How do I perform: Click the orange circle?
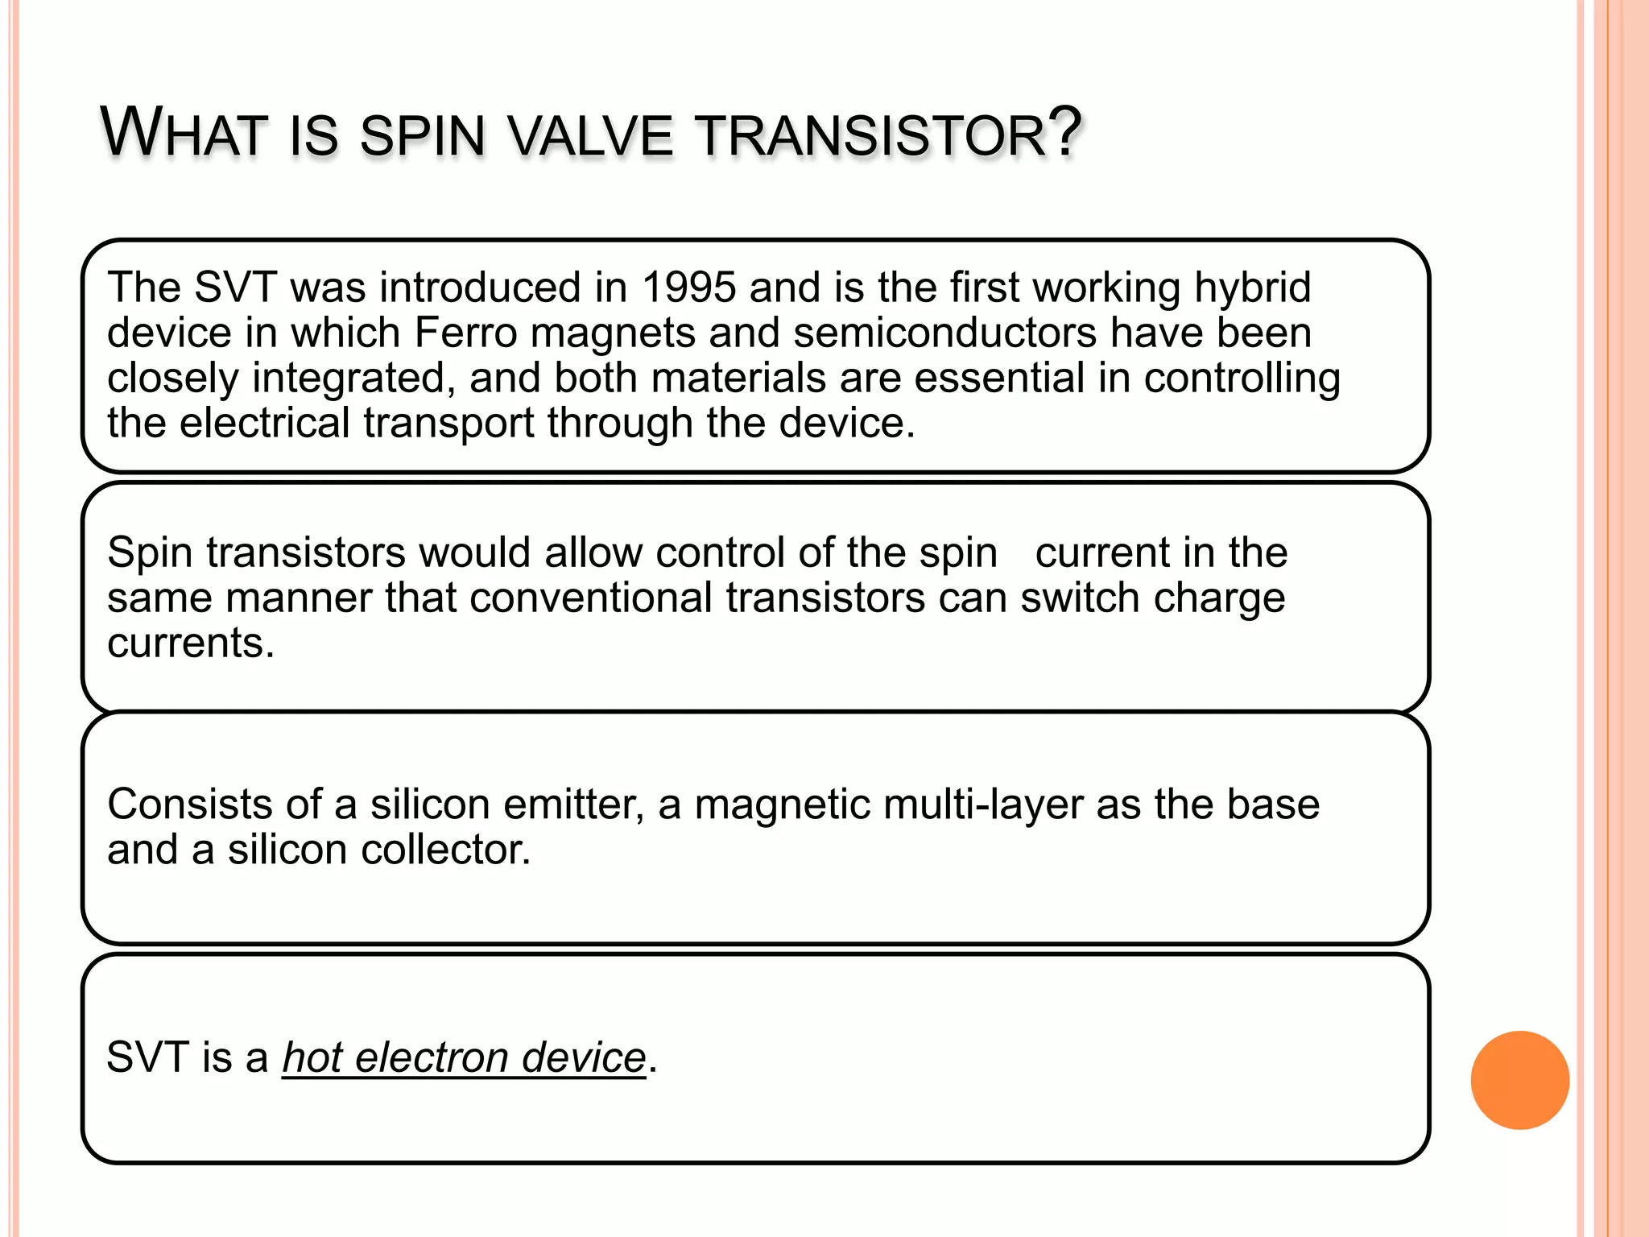pyautogui.click(x=1519, y=1080)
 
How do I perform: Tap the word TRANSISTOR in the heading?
pyautogui.click(x=870, y=135)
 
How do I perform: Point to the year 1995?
pyautogui.click(x=689, y=288)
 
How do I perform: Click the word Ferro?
pyautogui.click(x=465, y=333)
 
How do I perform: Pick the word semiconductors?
pyautogui.click(x=945, y=333)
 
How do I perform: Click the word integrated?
pyautogui.click(x=349, y=378)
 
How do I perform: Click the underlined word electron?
pyautogui.click(x=432, y=1057)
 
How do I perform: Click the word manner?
pyautogui.click(x=299, y=598)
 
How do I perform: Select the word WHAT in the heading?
pyautogui.click(x=184, y=133)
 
